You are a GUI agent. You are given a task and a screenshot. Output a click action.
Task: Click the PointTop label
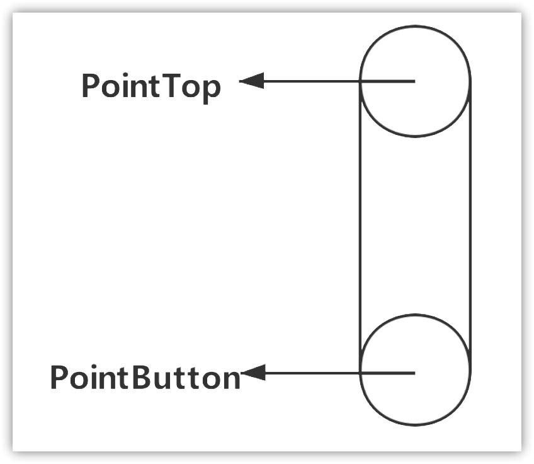151,86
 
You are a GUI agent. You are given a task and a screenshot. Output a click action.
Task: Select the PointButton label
145,378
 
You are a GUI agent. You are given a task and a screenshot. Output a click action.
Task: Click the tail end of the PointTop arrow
414,81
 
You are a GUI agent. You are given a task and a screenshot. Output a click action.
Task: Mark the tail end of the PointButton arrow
414,373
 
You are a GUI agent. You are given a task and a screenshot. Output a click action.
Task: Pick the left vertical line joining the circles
360,227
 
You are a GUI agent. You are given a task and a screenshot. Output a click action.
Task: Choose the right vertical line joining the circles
470,227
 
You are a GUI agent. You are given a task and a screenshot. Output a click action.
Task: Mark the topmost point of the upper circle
415,26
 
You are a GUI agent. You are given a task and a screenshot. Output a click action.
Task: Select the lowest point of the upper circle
415,136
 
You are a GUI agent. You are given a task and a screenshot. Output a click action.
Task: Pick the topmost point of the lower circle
415,315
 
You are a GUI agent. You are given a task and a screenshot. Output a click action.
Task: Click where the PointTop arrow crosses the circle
360,81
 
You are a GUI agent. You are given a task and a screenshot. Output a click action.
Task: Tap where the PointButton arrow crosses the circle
360,373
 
